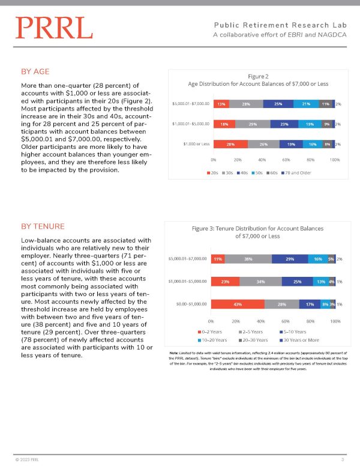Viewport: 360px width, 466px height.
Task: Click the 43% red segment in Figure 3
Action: pos(238,304)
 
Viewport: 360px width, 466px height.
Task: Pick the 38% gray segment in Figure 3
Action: pos(248,259)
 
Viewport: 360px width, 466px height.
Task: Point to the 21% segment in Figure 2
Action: pos(306,104)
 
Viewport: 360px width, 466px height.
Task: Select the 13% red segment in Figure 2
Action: pos(221,104)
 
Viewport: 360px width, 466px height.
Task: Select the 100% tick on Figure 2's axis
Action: pos(335,160)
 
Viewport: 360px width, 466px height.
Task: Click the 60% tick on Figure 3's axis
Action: pos(286,319)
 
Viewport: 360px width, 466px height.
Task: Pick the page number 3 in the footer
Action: pos(342,459)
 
